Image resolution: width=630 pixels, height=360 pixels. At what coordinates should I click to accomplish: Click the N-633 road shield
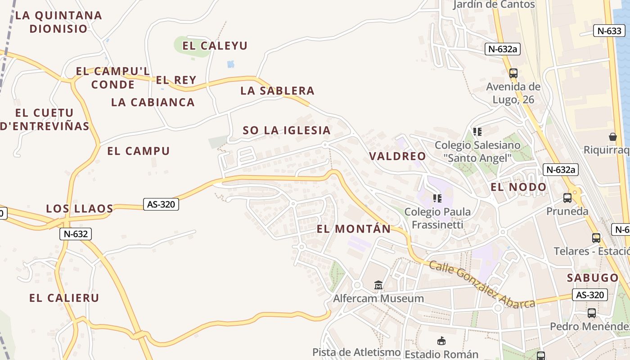[610, 31]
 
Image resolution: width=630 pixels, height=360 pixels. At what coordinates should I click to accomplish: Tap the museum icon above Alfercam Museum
[378, 285]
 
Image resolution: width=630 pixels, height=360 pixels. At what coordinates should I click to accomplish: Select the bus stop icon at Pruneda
[567, 198]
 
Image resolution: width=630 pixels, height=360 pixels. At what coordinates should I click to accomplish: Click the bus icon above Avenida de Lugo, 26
[513, 73]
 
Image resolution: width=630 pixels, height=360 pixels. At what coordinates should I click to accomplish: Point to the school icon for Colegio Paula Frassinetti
[437, 198]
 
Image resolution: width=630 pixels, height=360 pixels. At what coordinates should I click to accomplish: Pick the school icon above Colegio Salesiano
[477, 132]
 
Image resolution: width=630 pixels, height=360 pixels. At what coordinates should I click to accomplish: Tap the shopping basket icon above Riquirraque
[612, 137]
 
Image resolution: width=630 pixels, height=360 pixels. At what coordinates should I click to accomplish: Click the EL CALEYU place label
[215, 45]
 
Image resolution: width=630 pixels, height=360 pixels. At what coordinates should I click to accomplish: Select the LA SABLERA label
[277, 90]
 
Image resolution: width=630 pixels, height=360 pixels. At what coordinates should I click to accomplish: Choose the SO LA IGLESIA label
[287, 130]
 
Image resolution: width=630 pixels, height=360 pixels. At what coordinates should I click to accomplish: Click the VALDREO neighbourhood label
[397, 156]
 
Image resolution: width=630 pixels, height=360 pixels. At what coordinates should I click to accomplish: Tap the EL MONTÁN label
[354, 229]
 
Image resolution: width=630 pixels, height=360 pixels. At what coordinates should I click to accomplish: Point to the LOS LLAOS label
[80, 208]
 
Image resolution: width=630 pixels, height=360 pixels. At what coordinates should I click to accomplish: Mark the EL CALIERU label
[64, 297]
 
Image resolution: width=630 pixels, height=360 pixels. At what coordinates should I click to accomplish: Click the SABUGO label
[593, 277]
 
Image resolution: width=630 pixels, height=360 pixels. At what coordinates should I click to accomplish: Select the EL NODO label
[518, 187]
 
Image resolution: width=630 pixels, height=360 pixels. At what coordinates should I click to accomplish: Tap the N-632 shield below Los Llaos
[76, 234]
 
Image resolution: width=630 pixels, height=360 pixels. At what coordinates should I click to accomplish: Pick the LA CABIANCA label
[153, 102]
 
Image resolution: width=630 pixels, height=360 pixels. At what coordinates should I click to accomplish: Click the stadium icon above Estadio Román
[441, 341]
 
